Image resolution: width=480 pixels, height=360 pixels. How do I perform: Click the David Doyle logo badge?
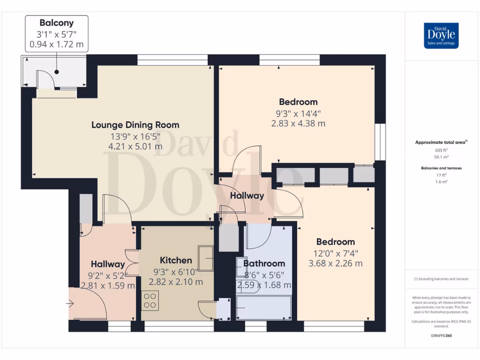coord(441,36)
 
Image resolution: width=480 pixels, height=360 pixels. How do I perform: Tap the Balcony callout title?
coord(57,23)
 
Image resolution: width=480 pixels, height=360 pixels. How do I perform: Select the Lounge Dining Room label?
coord(135,125)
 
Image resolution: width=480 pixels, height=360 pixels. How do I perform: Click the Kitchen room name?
coord(176,260)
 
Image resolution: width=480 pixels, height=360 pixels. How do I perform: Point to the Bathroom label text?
coord(264,263)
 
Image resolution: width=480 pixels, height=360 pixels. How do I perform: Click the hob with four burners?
coord(150,300)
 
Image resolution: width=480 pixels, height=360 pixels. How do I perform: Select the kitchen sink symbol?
coord(206,258)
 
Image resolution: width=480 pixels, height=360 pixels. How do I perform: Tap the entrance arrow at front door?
coord(70,304)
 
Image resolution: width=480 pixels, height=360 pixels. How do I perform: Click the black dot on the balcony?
coord(57,72)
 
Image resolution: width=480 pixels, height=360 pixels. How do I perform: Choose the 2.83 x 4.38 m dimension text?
coord(298,124)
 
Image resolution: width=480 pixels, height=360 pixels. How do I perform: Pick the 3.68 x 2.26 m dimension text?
coord(336,263)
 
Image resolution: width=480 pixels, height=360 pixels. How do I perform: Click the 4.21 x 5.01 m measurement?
coord(135,147)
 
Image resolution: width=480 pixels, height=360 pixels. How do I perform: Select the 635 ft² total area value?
coord(441,150)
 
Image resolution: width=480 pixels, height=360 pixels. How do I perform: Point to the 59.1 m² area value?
coord(441,157)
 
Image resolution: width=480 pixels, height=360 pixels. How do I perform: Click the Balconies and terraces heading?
coord(441,168)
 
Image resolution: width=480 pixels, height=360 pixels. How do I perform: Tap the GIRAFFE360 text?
coord(441,336)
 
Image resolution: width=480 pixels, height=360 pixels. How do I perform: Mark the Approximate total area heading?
coord(441,142)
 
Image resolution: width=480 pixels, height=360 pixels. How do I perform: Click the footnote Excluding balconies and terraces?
coord(441,279)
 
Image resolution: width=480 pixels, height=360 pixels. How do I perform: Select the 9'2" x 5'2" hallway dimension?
coord(108,276)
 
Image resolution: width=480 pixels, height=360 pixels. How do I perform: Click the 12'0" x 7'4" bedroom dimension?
coord(336,254)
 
